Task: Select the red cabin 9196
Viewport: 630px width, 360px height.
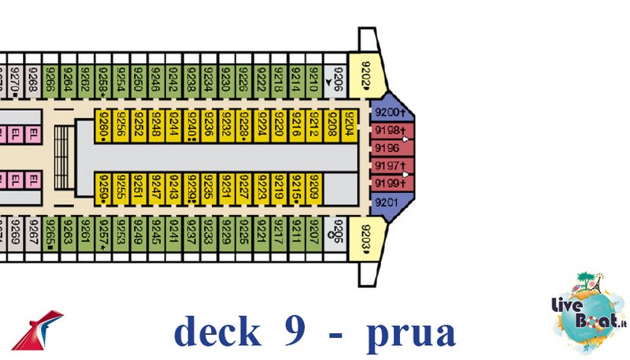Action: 387,147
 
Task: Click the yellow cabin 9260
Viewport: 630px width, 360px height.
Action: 103,124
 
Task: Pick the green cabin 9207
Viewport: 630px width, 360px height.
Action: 314,234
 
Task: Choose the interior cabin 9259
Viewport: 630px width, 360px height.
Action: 103,189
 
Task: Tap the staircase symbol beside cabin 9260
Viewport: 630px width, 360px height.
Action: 63,158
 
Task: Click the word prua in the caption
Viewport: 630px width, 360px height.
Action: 410,332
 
